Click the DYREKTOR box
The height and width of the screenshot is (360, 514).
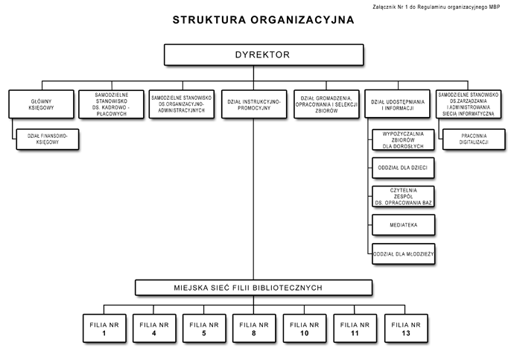pyautogui.click(x=264, y=54)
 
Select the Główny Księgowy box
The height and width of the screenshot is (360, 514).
pyautogui.click(x=41, y=104)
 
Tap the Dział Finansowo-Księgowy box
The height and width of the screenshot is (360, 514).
pyautogui.click(x=48, y=139)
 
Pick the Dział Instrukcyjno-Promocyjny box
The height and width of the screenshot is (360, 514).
pyautogui.click(x=254, y=104)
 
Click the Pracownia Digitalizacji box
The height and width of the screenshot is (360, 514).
pyautogui.click(x=474, y=139)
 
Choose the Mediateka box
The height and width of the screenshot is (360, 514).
pyautogui.click(x=404, y=225)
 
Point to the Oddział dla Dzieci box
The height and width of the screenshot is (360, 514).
pyautogui.click(x=403, y=168)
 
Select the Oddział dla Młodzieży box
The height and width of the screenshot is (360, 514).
pyautogui.click(x=404, y=253)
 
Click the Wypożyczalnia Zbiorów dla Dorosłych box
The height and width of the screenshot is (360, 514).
pyautogui.click(x=403, y=140)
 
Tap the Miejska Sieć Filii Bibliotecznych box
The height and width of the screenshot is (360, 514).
pyautogui.click(x=254, y=288)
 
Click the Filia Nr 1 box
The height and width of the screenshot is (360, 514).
pyautogui.click(x=104, y=329)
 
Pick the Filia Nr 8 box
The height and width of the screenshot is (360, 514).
pyautogui.click(x=254, y=329)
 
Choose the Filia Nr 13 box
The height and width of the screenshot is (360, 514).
pyautogui.click(x=406, y=329)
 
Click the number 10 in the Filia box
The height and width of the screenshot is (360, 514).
pyautogui.click(x=305, y=333)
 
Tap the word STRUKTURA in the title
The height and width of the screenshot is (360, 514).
pyautogui.click(x=209, y=20)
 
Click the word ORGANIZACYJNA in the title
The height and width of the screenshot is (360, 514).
pyautogui.click(x=302, y=20)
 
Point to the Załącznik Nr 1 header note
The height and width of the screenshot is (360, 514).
pyautogui.click(x=437, y=7)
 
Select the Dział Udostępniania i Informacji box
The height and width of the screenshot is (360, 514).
pyautogui.click(x=397, y=104)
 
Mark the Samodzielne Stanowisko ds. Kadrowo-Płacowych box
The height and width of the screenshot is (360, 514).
pyautogui.click(x=112, y=104)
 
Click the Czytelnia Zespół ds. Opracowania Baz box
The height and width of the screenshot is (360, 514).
pyautogui.click(x=403, y=197)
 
